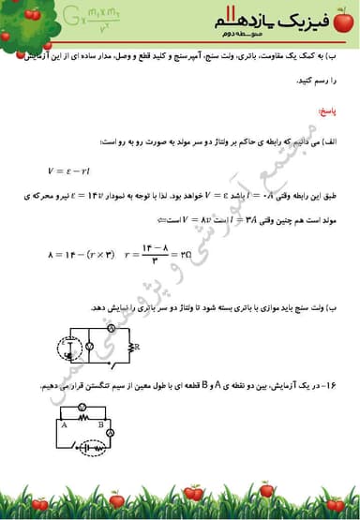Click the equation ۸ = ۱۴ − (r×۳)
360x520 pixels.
(83, 254)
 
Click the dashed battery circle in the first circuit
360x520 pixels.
(69, 349)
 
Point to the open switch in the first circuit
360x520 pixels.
(111, 362)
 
